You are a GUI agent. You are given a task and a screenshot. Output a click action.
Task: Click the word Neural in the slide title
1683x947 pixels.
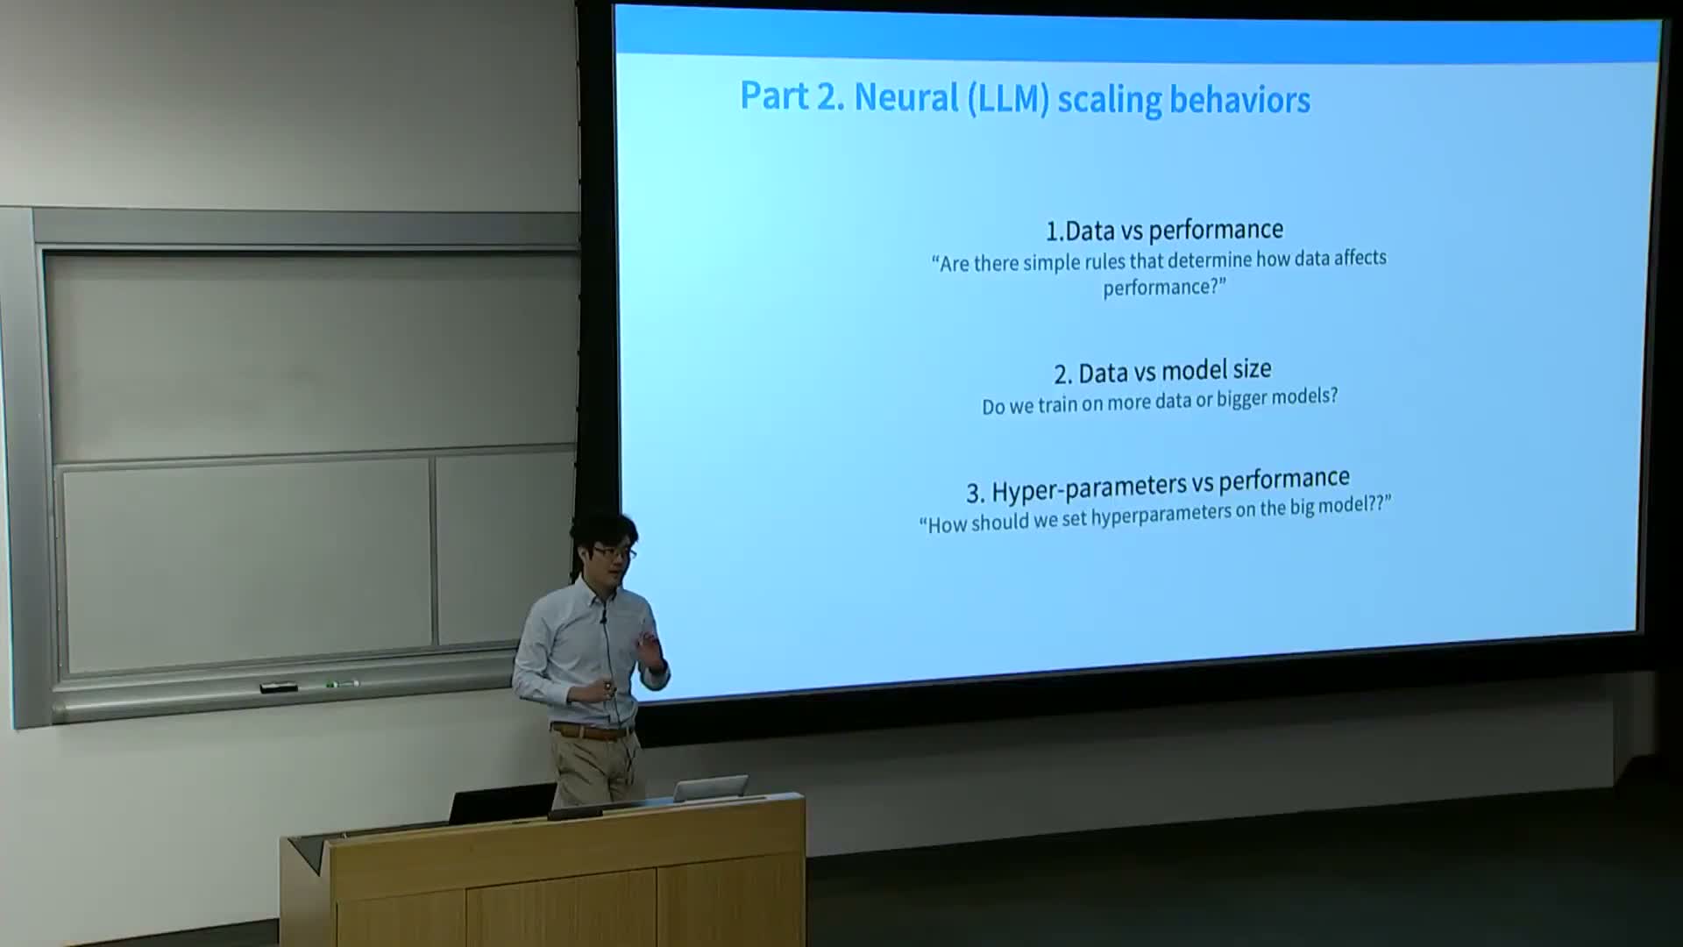(906, 97)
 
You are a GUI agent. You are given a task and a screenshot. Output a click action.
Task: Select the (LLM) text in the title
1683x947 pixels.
(1008, 98)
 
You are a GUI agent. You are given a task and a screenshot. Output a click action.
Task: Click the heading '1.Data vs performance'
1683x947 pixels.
(1164, 230)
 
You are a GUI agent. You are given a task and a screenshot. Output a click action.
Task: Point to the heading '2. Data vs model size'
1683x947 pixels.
(1162, 372)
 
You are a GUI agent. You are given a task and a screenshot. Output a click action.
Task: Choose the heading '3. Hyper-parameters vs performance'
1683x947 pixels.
(1158, 485)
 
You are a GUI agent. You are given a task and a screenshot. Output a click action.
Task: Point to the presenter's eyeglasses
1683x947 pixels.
(614, 552)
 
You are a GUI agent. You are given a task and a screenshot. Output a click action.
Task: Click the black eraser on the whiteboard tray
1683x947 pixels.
(279, 687)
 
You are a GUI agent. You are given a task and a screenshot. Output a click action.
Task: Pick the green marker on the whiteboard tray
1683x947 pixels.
(342, 684)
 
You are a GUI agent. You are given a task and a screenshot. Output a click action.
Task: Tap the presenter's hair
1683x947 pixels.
(604, 530)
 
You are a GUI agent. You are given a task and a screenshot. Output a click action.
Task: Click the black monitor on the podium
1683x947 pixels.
(501, 803)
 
